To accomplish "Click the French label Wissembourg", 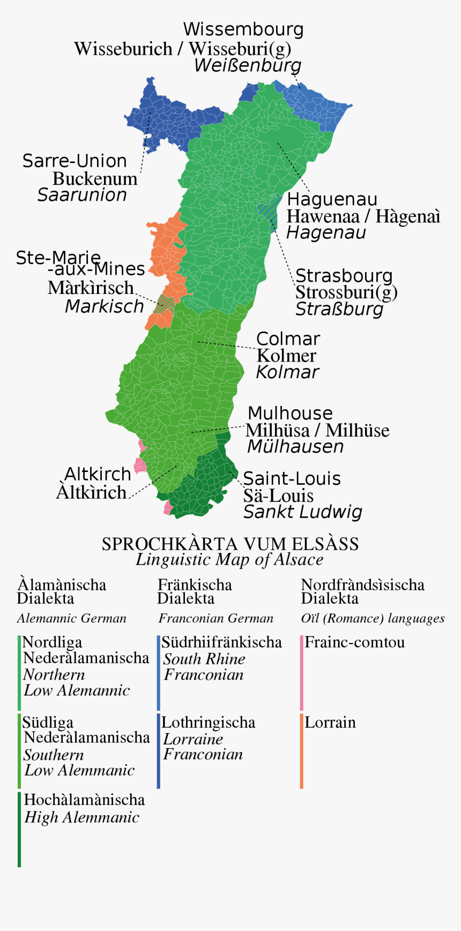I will (243, 29).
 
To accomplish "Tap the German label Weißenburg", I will (248, 65).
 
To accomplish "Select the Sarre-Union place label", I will (75, 161).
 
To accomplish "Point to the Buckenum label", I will (95, 179).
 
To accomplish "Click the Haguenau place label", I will (332, 200).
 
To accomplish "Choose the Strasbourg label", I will (344, 276).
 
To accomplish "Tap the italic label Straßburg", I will (339, 309).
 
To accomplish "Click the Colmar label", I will (288, 339).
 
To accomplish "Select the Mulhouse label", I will (290, 413).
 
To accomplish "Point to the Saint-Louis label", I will (292, 478).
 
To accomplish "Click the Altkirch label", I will (98, 474).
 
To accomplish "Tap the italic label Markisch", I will (105, 306).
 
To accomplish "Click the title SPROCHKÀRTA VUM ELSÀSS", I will (230, 544).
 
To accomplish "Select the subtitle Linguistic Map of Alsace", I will (229, 559).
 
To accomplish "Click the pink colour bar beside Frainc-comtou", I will (302, 673).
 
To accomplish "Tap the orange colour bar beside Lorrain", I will (302, 751).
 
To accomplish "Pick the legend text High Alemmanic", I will (81, 817).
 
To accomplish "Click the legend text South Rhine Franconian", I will (204, 667).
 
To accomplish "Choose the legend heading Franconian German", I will (215, 618).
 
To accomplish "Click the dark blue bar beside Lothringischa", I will (159, 751).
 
